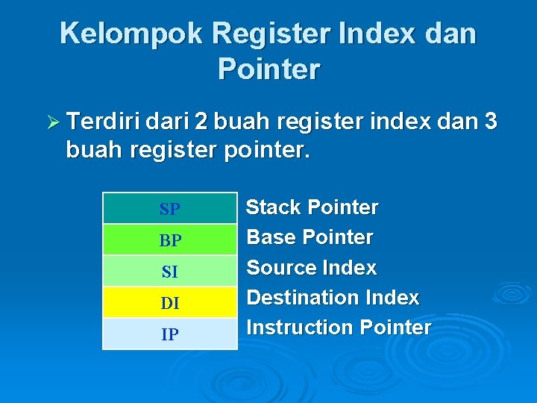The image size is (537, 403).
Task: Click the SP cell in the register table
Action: (x=169, y=209)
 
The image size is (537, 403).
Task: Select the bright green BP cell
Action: (x=169, y=240)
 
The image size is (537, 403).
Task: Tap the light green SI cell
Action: (x=169, y=272)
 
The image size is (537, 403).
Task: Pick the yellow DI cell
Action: (x=169, y=303)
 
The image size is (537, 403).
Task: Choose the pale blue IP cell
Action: (x=169, y=334)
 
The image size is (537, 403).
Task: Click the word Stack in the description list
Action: (x=274, y=207)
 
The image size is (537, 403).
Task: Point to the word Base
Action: (x=271, y=237)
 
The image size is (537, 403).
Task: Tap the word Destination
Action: (x=302, y=298)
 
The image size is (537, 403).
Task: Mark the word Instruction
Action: (x=300, y=328)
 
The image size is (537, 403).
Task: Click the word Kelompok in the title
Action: (x=131, y=34)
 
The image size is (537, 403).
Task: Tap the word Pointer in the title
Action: (x=268, y=69)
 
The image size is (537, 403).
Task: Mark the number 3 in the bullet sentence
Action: (x=490, y=121)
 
